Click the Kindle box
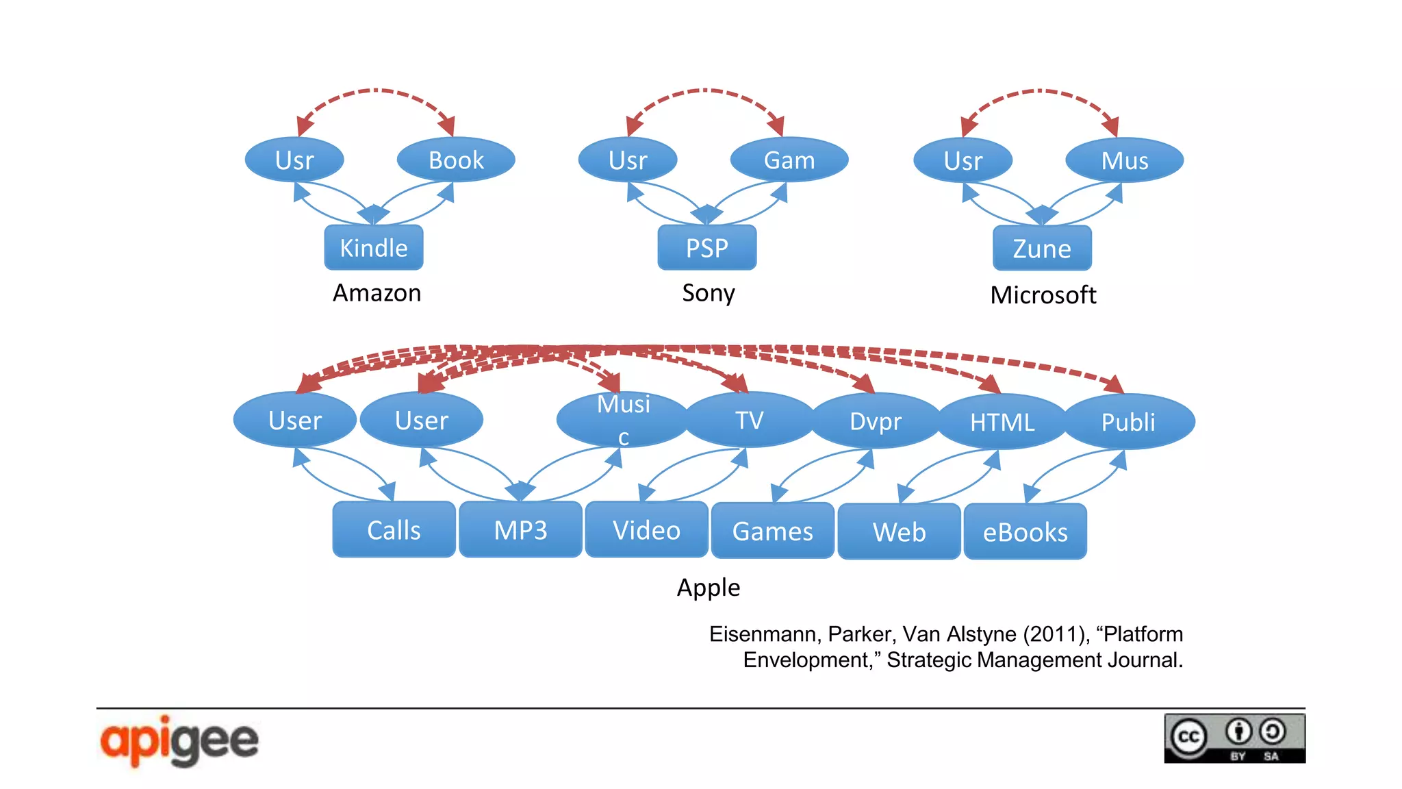373,247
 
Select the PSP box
706,247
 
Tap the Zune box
1041,248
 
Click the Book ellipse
456,160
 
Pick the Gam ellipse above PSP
789,160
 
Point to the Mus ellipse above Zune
1124,160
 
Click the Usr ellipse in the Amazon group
294,160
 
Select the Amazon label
377,292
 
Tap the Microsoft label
1043,295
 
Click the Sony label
708,292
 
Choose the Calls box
394,529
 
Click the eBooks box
1025,531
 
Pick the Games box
772,531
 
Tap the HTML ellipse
1002,421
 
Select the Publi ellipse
1127,421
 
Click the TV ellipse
749,420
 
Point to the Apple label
708,587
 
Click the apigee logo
179,740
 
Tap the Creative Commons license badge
1234,738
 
